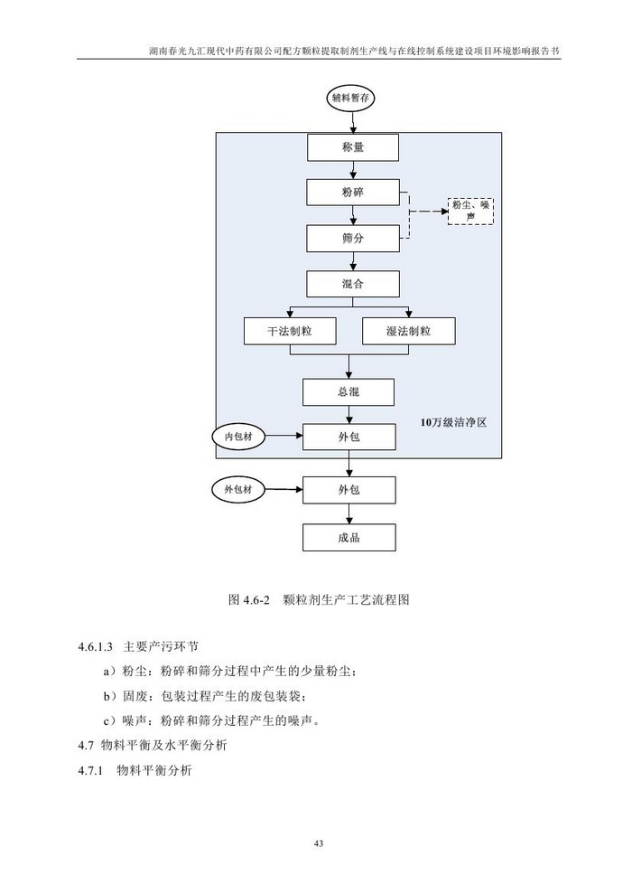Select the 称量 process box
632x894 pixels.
point(351,146)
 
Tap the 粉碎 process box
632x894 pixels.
point(351,193)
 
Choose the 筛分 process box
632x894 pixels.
point(351,239)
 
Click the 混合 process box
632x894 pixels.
point(351,284)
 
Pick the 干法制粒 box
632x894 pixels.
point(290,331)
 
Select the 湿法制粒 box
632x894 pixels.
point(408,331)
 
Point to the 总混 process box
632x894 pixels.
point(349,391)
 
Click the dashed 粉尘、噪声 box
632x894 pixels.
point(471,212)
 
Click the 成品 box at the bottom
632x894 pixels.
point(349,538)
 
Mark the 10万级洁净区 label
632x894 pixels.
point(454,422)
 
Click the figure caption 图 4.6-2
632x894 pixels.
point(320,599)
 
